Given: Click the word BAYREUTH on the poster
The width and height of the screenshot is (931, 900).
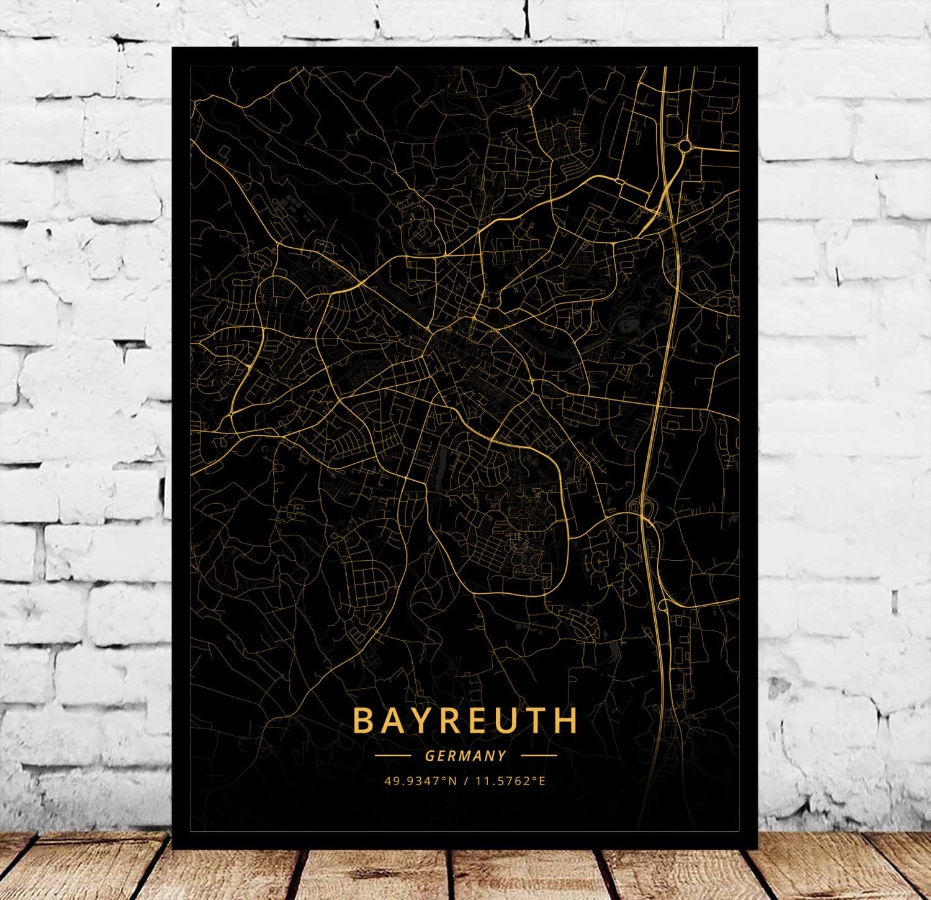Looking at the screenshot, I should tap(465, 720).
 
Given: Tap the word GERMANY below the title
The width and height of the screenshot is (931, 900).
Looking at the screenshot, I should tap(465, 756).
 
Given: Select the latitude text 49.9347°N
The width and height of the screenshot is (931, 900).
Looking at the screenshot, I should tap(420, 781).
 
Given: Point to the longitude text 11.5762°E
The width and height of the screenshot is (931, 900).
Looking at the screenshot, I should tap(510, 781).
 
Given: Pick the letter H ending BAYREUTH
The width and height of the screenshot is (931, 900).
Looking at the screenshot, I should tap(565, 720).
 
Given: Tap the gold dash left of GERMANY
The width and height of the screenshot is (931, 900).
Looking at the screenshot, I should tap(393, 756).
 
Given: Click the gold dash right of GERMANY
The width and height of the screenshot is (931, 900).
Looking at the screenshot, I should tap(539, 756).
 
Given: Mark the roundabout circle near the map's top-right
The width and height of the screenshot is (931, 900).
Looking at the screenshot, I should tap(685, 146).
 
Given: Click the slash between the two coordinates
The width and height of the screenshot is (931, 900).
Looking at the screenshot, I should tap(465, 781).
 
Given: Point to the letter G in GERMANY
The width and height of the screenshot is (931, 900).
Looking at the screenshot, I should tap(430, 756).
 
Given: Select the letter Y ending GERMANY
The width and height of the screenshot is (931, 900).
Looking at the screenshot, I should tap(501, 756).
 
